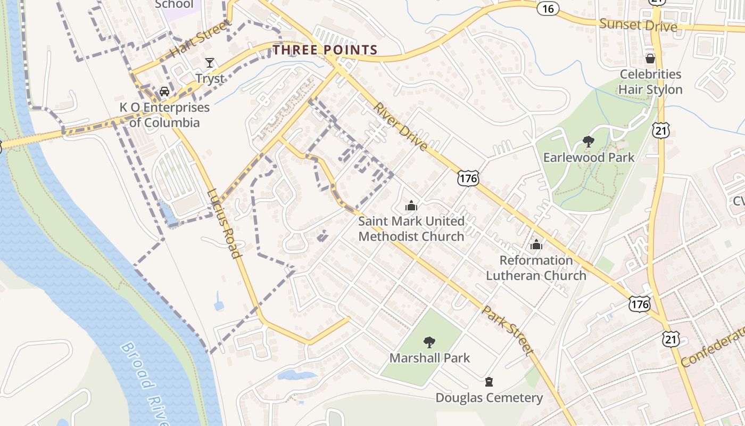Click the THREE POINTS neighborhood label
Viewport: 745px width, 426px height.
coord(325,50)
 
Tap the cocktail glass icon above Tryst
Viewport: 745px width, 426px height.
coord(210,63)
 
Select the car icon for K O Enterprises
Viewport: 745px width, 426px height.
coord(164,92)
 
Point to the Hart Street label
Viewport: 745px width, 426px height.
coord(201,39)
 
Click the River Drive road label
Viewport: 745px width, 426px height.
coord(400,126)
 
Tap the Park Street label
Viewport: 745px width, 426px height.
coord(508,330)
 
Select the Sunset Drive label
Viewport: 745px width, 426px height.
coord(638,24)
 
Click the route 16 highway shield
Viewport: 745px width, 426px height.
coord(548,8)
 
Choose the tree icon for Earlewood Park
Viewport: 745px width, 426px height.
coord(588,142)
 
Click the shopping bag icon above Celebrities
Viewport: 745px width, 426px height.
coord(650,58)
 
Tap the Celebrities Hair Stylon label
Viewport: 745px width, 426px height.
coord(650,81)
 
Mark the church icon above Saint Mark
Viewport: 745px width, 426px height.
coord(411,205)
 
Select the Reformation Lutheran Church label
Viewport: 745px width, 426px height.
coord(536,268)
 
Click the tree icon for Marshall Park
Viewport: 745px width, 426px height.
coord(429,342)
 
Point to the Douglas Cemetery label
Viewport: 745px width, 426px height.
coord(489,398)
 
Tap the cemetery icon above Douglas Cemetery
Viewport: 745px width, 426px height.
coord(489,382)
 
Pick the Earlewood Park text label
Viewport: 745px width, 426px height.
coord(589,158)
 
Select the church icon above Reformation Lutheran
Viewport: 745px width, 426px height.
coord(536,244)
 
